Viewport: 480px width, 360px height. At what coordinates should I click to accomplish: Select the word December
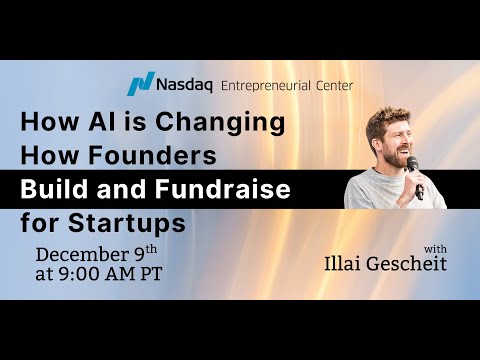pyautogui.click(x=83, y=252)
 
